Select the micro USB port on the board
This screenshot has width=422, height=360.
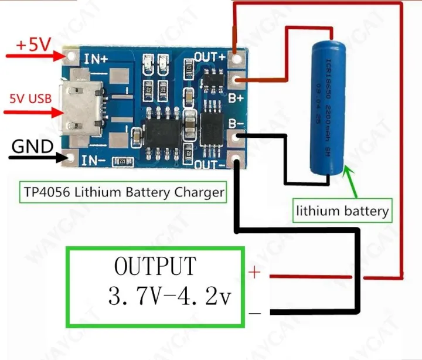[x=84, y=107]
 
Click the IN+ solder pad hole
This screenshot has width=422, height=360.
[x=72, y=57]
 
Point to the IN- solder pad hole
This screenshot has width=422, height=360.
[x=72, y=158]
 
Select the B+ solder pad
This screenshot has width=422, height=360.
[x=236, y=81]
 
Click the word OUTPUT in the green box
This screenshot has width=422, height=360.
[x=155, y=267]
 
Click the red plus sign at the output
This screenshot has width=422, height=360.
[x=255, y=273]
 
